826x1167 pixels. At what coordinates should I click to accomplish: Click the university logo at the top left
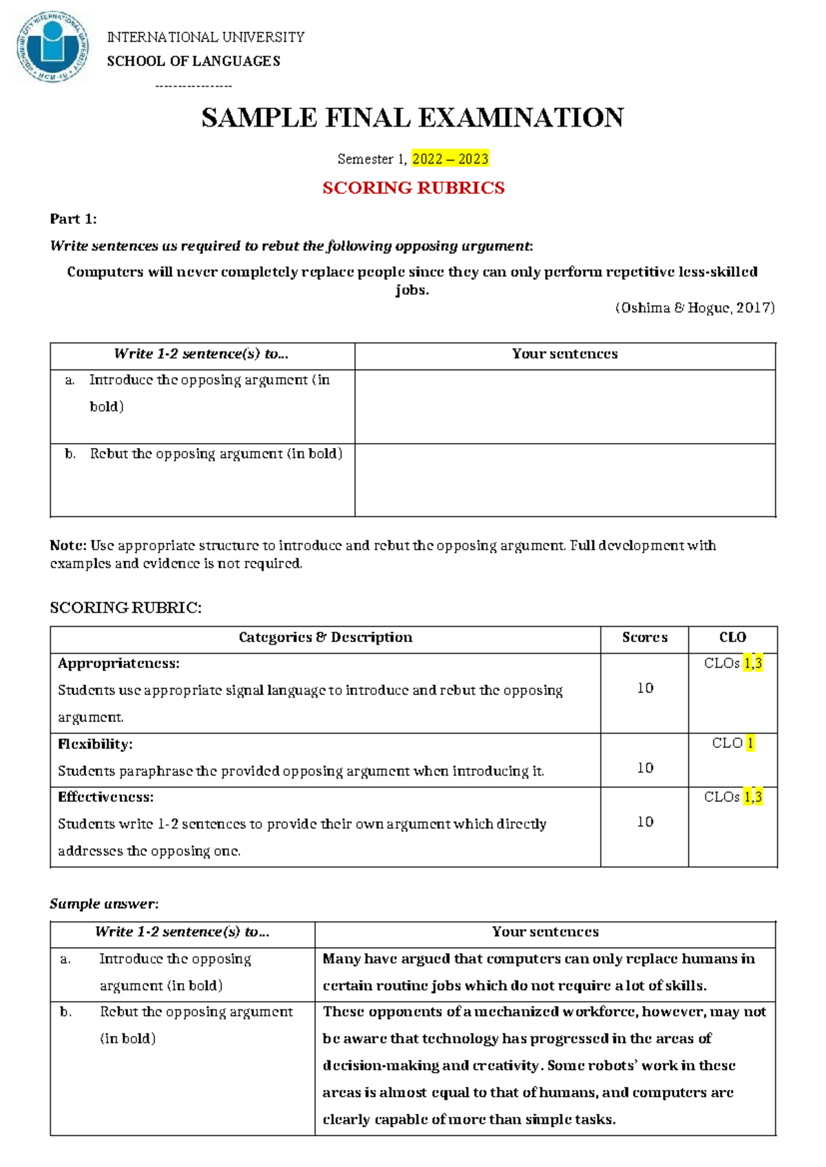coord(53,47)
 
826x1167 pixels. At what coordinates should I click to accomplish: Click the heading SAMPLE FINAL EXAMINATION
coord(412,118)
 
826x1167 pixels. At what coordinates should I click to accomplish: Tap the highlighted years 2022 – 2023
coord(450,159)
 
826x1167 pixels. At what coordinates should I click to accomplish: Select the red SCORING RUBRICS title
coord(413,188)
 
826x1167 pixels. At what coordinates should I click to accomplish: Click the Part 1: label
coord(73,219)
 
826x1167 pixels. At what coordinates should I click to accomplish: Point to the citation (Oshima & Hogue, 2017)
coord(695,308)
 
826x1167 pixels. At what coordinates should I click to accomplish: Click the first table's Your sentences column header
coord(564,354)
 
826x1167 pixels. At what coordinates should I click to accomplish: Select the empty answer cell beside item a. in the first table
coord(564,406)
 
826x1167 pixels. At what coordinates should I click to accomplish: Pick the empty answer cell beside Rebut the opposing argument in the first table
coord(564,480)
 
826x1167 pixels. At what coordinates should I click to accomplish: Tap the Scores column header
coord(644,637)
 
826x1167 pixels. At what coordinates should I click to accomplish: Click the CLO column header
coord(732,637)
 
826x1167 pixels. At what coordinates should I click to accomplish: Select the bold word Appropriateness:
coord(118,663)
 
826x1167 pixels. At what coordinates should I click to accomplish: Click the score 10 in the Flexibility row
coord(645,767)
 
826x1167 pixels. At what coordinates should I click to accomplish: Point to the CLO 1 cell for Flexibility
coord(733,743)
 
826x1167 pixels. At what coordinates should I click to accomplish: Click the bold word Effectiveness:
coord(105,797)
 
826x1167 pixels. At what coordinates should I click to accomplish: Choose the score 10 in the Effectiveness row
coord(645,822)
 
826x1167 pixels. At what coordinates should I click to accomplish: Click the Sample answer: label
coord(104,903)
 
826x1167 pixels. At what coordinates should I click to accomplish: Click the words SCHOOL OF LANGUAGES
coord(193,61)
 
